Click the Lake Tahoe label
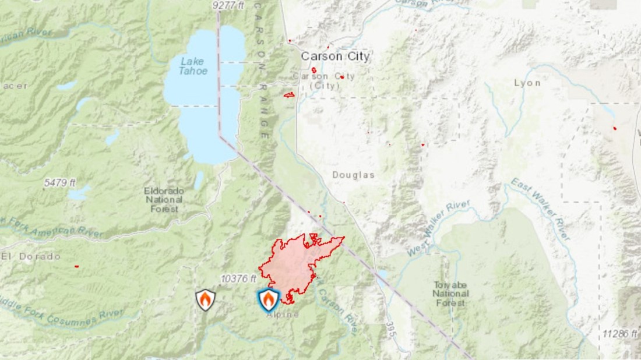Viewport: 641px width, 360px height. click(x=193, y=65)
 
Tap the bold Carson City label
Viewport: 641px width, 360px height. click(x=335, y=57)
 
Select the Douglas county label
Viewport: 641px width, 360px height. click(x=353, y=175)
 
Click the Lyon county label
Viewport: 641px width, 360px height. click(x=527, y=83)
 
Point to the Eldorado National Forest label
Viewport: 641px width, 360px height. click(x=164, y=199)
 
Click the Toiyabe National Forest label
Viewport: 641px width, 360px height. click(x=450, y=294)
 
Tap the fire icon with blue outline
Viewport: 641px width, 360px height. click(x=268, y=299)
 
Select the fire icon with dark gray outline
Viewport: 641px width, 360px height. click(x=205, y=299)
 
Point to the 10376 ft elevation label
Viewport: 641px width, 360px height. click(x=239, y=279)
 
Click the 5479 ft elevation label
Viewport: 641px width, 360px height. click(x=60, y=182)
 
